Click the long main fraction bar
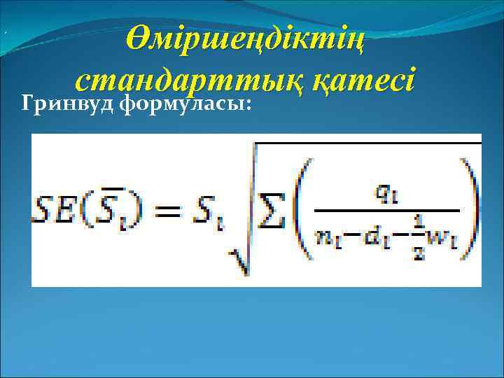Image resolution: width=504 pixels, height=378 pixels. [x=386, y=209]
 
